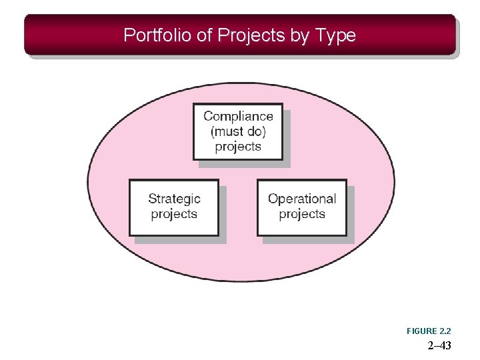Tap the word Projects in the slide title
pyautogui.click(x=251, y=35)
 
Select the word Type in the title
pyautogui.click(x=336, y=35)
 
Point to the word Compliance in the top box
pyautogui.click(x=238, y=117)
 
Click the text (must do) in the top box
pyautogui.click(x=238, y=131)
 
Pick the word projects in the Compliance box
pyautogui.click(x=238, y=147)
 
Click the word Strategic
pyautogui.click(x=174, y=199)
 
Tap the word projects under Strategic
pyautogui.click(x=174, y=214)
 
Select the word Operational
pyautogui.click(x=302, y=199)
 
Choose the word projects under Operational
pyautogui.click(x=302, y=214)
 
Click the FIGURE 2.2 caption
pyautogui.click(x=429, y=331)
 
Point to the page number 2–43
pyautogui.click(x=439, y=345)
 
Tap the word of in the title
pyautogui.click(x=205, y=35)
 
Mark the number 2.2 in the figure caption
pyautogui.click(x=445, y=331)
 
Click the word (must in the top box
pyautogui.click(x=225, y=131)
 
